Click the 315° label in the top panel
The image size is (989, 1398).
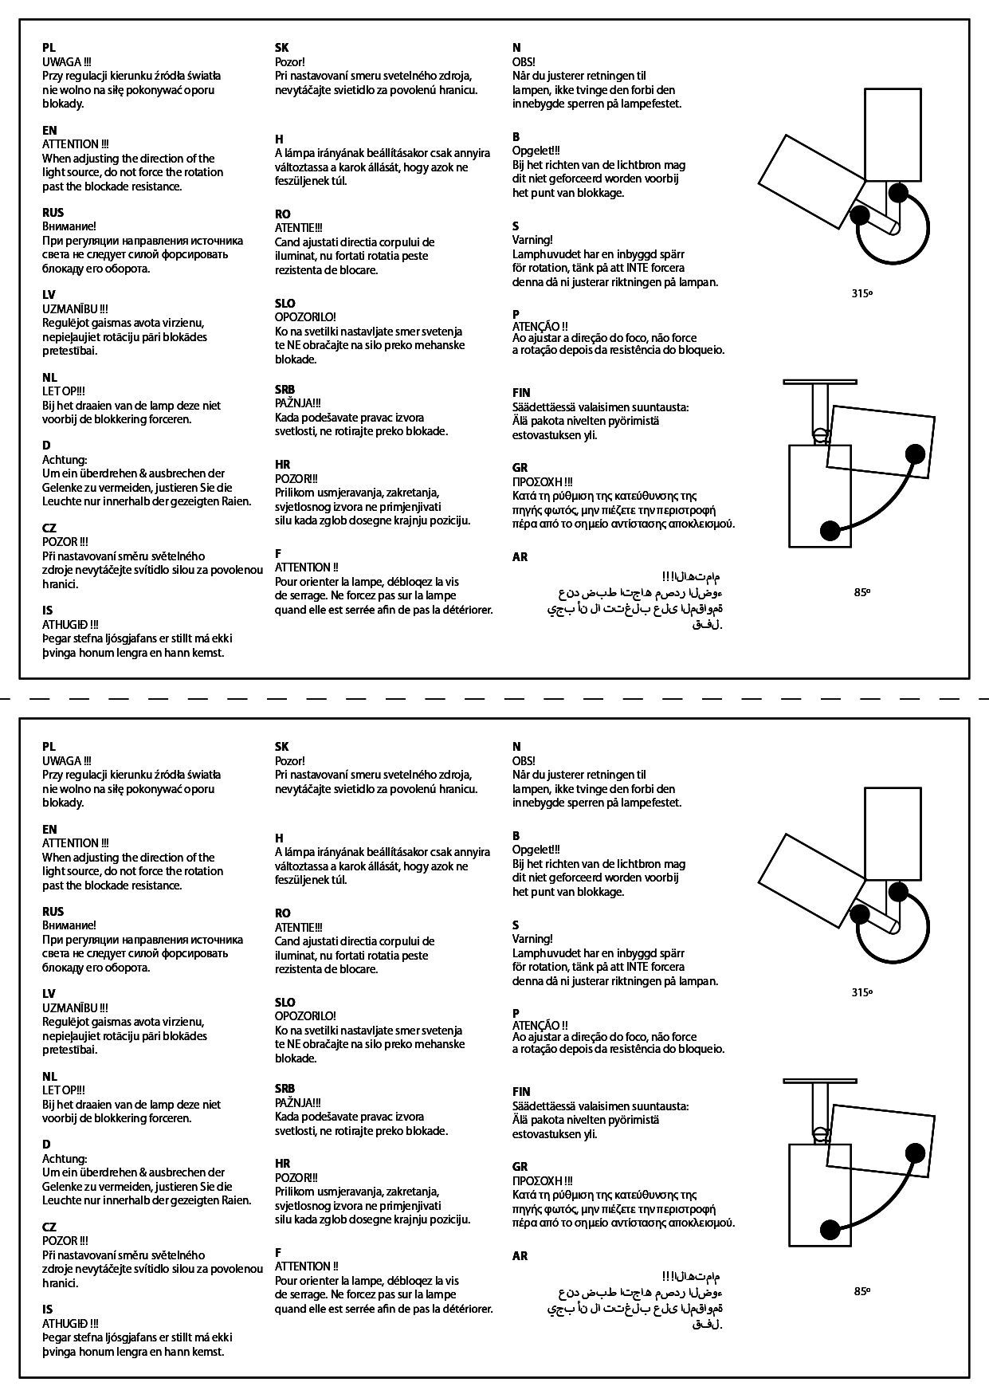click(861, 293)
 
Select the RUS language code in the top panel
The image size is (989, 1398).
click(53, 213)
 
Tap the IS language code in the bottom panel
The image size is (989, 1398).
click(47, 1309)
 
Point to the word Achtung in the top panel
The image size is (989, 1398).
click(64, 460)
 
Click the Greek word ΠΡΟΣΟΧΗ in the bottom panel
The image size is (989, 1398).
click(539, 1180)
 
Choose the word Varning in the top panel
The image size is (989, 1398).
click(532, 240)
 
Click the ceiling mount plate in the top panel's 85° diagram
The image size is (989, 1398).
click(821, 382)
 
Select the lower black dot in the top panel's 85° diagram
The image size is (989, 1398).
click(830, 529)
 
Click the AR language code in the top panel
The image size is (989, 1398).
click(520, 557)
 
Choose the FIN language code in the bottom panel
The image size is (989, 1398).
click(521, 1091)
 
